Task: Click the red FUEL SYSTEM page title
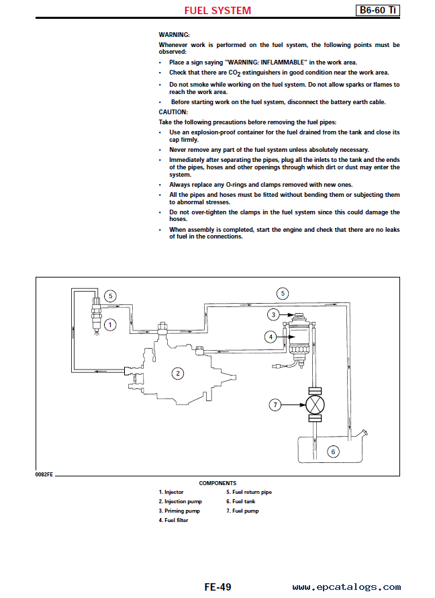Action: pyautogui.click(x=217, y=11)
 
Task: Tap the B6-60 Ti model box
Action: pyautogui.click(x=377, y=10)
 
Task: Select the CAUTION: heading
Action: pyautogui.click(x=173, y=112)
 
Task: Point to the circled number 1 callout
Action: pyautogui.click(x=110, y=325)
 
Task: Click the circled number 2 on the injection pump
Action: pyautogui.click(x=177, y=374)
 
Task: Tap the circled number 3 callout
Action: pyautogui.click(x=273, y=315)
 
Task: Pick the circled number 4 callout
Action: pyautogui.click(x=271, y=337)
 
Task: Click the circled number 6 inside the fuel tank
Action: pyautogui.click(x=333, y=452)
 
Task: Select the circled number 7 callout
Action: pyautogui.click(x=275, y=404)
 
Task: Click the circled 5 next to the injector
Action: pyautogui.click(x=110, y=296)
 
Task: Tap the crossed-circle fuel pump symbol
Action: pyautogui.click(x=315, y=404)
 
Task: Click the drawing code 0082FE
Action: pyautogui.click(x=44, y=474)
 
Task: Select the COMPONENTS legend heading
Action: pyautogui.click(x=217, y=483)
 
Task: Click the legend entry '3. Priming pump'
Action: pyautogui.click(x=179, y=511)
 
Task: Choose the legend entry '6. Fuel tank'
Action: pyautogui.click(x=241, y=501)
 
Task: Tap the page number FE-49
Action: pyautogui.click(x=217, y=587)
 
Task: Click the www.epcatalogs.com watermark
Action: pyautogui.click(x=346, y=587)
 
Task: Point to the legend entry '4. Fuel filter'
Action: pyautogui.click(x=173, y=520)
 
